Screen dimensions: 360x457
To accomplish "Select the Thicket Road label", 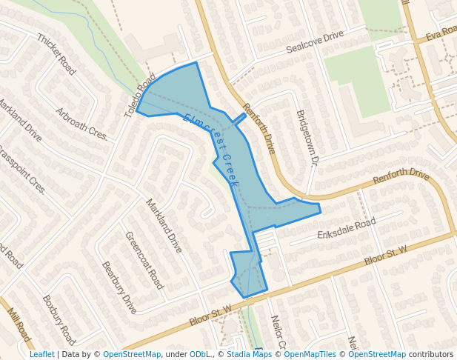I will click(56, 54).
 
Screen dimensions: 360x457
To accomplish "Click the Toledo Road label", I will click(140, 96).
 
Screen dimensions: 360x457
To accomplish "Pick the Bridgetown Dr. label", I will click(306, 137).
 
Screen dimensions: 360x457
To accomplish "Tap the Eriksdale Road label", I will click(347, 228).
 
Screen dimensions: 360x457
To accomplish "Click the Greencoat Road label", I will click(144, 260).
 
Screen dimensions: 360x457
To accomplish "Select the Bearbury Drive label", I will click(119, 287).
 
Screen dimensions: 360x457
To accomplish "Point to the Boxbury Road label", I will click(59, 320).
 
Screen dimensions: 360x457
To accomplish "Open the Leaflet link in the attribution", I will click(41, 355).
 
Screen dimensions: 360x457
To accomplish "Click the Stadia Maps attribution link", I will click(248, 355).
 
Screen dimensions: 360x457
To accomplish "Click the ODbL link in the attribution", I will click(201, 355).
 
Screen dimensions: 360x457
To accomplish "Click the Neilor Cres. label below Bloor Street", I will click(278, 332).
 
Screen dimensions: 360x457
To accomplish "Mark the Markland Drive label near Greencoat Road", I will click(164, 226).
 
